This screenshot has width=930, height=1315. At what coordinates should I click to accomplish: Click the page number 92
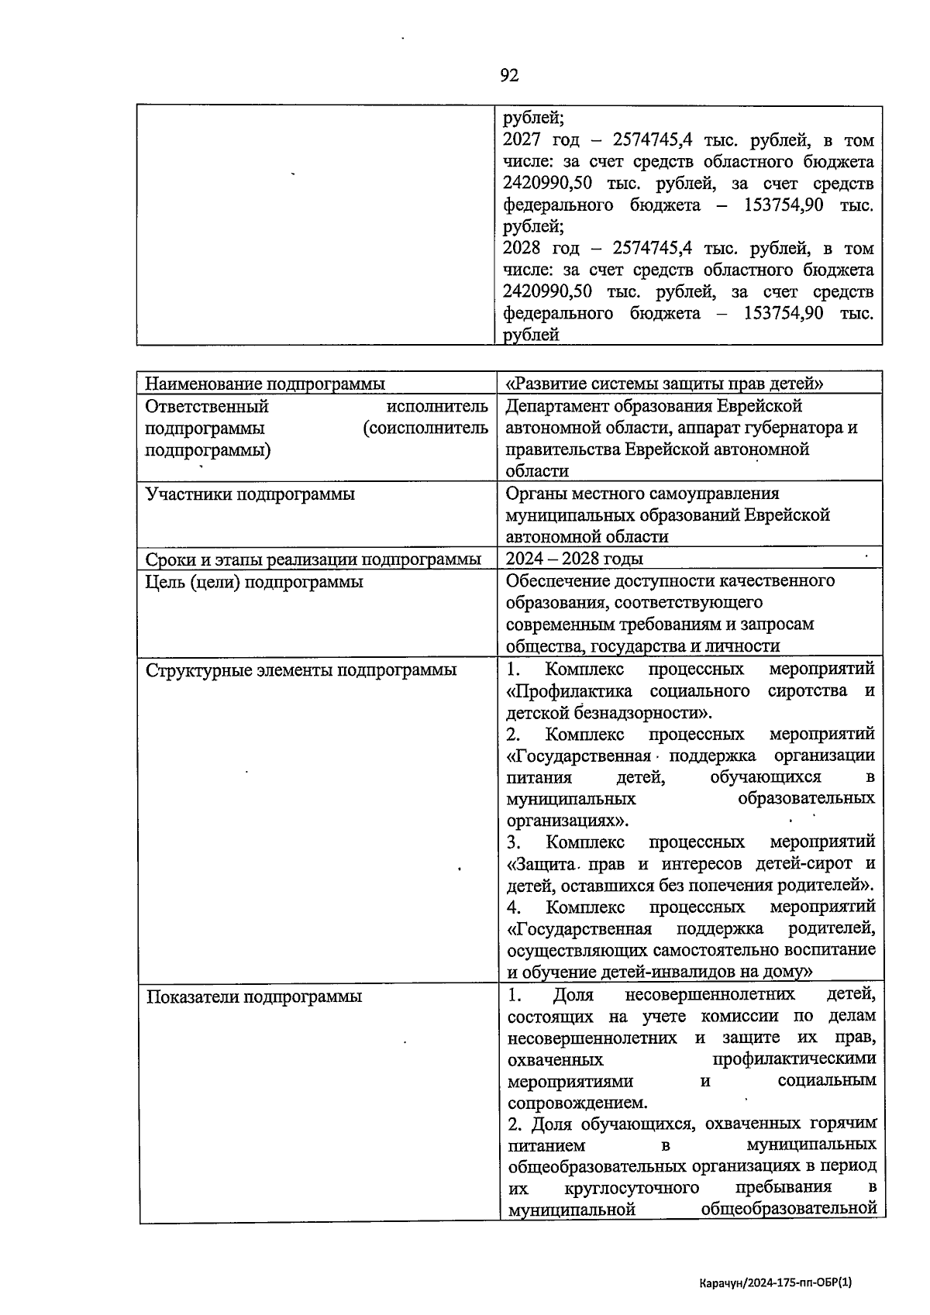point(509,75)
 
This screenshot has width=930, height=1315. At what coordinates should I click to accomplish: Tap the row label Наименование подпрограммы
point(265,384)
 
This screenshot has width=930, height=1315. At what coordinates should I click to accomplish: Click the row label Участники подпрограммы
point(250,494)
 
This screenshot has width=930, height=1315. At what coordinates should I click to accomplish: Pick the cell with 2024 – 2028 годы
point(574,559)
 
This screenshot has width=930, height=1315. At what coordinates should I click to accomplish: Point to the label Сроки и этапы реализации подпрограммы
point(313,559)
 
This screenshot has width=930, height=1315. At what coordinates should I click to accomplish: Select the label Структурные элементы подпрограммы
point(301,670)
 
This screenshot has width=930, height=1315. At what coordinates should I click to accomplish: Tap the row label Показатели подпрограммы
point(254,997)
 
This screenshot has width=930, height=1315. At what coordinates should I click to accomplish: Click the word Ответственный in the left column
point(207,406)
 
